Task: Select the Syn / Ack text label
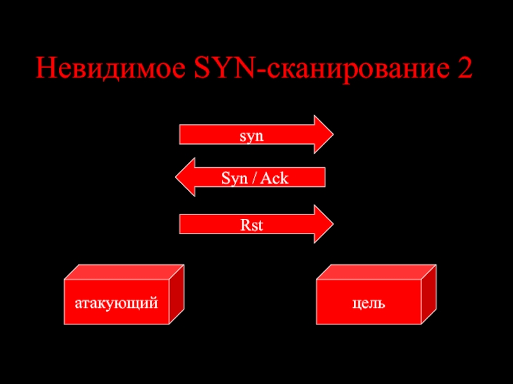pyautogui.click(x=255, y=179)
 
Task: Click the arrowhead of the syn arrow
pyautogui.click(x=323, y=135)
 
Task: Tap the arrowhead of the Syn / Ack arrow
pyautogui.click(x=186, y=178)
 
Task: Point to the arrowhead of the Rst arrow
pyautogui.click(x=323, y=224)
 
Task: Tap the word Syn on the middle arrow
pyautogui.click(x=233, y=179)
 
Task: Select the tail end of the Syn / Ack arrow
pyautogui.click(x=322, y=178)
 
